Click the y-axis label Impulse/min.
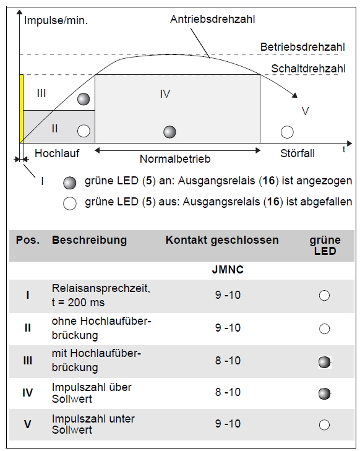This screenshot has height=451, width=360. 56,20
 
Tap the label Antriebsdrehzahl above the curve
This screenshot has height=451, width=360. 213,19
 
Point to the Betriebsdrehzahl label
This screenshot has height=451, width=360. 302,47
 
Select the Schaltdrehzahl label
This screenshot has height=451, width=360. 308,69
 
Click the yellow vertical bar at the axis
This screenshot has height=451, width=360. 21,108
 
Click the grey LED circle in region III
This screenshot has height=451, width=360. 84,99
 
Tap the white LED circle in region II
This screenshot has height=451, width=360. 84,131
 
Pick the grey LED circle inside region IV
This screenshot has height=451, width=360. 169,132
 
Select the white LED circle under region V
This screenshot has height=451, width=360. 287,132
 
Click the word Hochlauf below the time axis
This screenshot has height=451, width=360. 57,153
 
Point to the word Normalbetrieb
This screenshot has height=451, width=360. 175,159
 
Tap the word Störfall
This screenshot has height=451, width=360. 298,153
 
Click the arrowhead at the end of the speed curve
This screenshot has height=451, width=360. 294,95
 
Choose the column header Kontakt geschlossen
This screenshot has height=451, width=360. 222,240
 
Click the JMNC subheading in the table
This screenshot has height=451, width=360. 228,270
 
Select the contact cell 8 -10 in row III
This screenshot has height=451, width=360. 228,361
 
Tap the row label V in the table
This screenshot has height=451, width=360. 28,424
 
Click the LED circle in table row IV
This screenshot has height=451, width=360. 324,393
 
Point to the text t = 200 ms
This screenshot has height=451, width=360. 78,303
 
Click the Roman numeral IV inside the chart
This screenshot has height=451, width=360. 165,94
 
